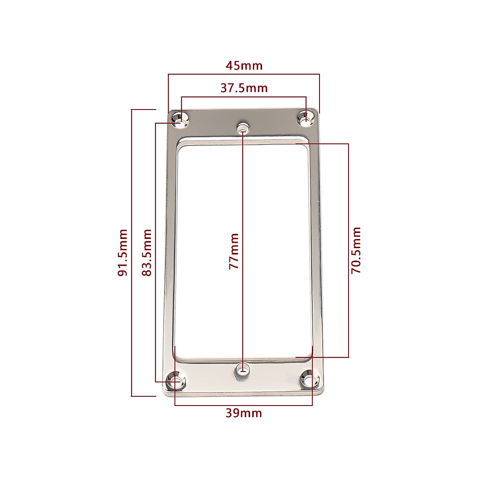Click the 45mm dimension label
click(x=244, y=65)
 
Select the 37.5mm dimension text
click(x=244, y=88)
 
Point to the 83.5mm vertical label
click(x=147, y=253)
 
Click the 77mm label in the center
click(x=234, y=251)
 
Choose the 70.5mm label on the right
click(x=356, y=250)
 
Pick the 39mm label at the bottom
click(x=244, y=413)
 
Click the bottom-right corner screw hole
click(x=310, y=380)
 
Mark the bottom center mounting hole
click(x=242, y=369)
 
